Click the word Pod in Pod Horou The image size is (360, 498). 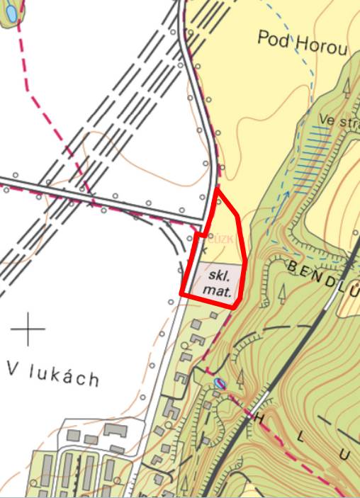tap(274, 38)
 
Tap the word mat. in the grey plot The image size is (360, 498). tap(220, 289)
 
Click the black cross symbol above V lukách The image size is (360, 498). tap(28, 329)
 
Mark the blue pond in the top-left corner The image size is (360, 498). tap(11, 14)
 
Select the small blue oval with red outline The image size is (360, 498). tap(220, 385)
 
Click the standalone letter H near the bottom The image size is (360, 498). tap(259, 418)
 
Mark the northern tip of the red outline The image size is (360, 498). tap(217, 189)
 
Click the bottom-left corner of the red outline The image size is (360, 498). tap(181, 292)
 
